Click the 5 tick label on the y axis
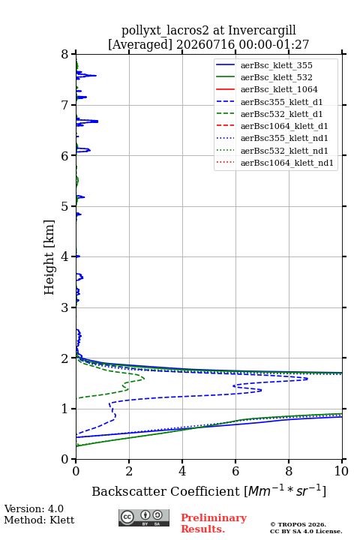[x=65, y=206]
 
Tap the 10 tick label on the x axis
[x=341, y=471]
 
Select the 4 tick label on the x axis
[x=182, y=471]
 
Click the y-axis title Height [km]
[x=49, y=257]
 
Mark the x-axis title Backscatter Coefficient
[x=165, y=491]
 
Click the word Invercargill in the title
[x=262, y=30]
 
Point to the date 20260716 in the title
[x=205, y=44]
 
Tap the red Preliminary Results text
[x=214, y=523]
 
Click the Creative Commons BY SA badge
[x=144, y=518]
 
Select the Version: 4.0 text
[x=34, y=508]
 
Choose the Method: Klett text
[x=39, y=520]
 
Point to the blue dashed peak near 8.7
[x=307, y=379]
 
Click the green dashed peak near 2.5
[x=143, y=379]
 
